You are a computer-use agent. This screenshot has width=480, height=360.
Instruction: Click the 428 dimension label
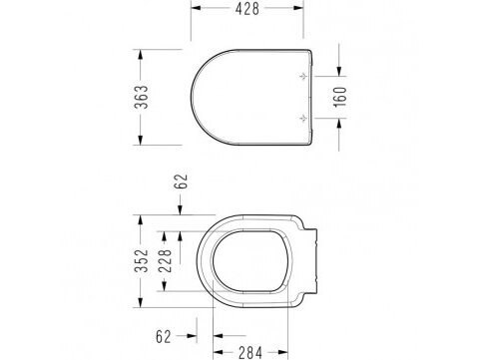pyautogui.click(x=247, y=9)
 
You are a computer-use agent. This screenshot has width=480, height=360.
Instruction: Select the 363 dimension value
pyautogui.click(x=141, y=97)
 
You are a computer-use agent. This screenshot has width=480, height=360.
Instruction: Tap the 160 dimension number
pyautogui.click(x=340, y=97)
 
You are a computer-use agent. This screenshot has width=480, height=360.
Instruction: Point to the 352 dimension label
pyautogui.click(x=141, y=260)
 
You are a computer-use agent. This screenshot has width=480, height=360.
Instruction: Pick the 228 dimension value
pyautogui.click(x=165, y=261)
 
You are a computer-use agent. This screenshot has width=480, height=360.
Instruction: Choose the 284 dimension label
pyautogui.click(x=250, y=352)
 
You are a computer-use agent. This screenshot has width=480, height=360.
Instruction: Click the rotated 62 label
pyautogui.click(x=182, y=181)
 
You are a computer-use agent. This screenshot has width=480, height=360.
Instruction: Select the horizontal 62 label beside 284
pyautogui.click(x=164, y=337)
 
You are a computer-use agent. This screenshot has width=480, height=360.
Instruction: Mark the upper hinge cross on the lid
pyautogui.click(x=303, y=77)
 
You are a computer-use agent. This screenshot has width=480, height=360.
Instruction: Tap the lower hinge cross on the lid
pyautogui.click(x=303, y=118)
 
